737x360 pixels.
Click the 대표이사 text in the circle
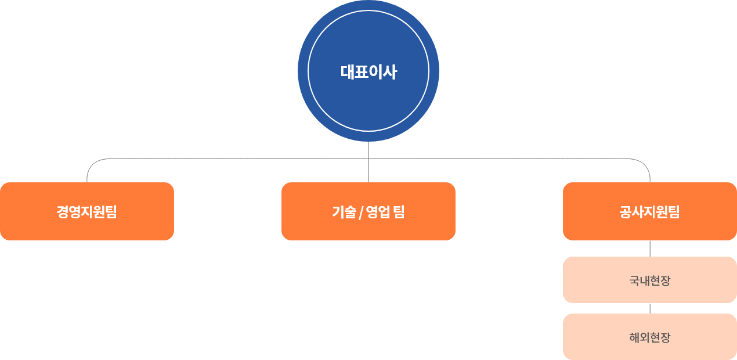[x=368, y=72]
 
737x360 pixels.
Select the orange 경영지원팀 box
[x=87, y=211]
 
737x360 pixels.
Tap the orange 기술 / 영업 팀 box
[x=368, y=211]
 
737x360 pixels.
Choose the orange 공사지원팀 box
[x=650, y=211]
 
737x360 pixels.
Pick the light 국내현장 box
[x=650, y=280]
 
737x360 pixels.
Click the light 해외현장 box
[x=650, y=337]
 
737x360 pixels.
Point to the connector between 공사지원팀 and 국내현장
[x=650, y=249]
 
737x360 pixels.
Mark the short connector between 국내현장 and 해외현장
[x=650, y=308]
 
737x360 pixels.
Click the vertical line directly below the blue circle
[x=368, y=162]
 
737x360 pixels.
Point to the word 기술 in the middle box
[x=344, y=211]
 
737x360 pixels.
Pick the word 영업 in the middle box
[x=378, y=211]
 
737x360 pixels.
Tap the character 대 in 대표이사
[x=347, y=72]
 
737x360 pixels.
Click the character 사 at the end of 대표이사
[x=390, y=72]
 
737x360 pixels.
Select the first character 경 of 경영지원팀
[x=63, y=211]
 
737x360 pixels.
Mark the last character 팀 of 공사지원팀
[x=674, y=211]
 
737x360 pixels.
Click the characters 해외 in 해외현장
[x=640, y=337]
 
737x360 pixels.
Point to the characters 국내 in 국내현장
[x=640, y=280]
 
